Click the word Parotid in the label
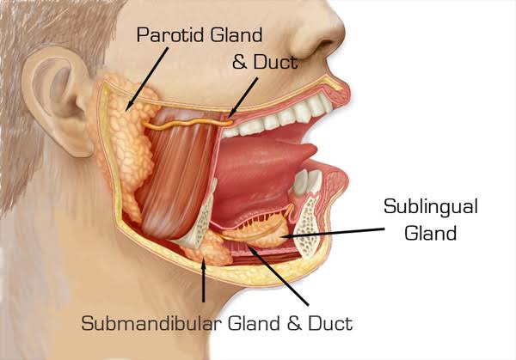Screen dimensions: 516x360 tap(171, 34)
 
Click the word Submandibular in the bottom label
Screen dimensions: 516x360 tap(150, 323)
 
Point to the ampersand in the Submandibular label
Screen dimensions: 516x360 tap(294, 323)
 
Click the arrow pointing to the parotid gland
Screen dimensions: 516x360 tap(147, 79)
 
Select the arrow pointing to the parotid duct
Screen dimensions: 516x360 tap(243, 98)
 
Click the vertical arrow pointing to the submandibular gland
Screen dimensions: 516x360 tap(204, 279)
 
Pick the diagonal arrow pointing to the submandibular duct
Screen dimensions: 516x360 tap(279, 276)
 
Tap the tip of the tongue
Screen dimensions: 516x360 tap(315, 150)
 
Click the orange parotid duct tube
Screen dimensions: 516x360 tap(187, 123)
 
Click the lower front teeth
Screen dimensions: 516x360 tap(308, 181)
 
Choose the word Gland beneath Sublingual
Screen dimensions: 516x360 tap(431, 233)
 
